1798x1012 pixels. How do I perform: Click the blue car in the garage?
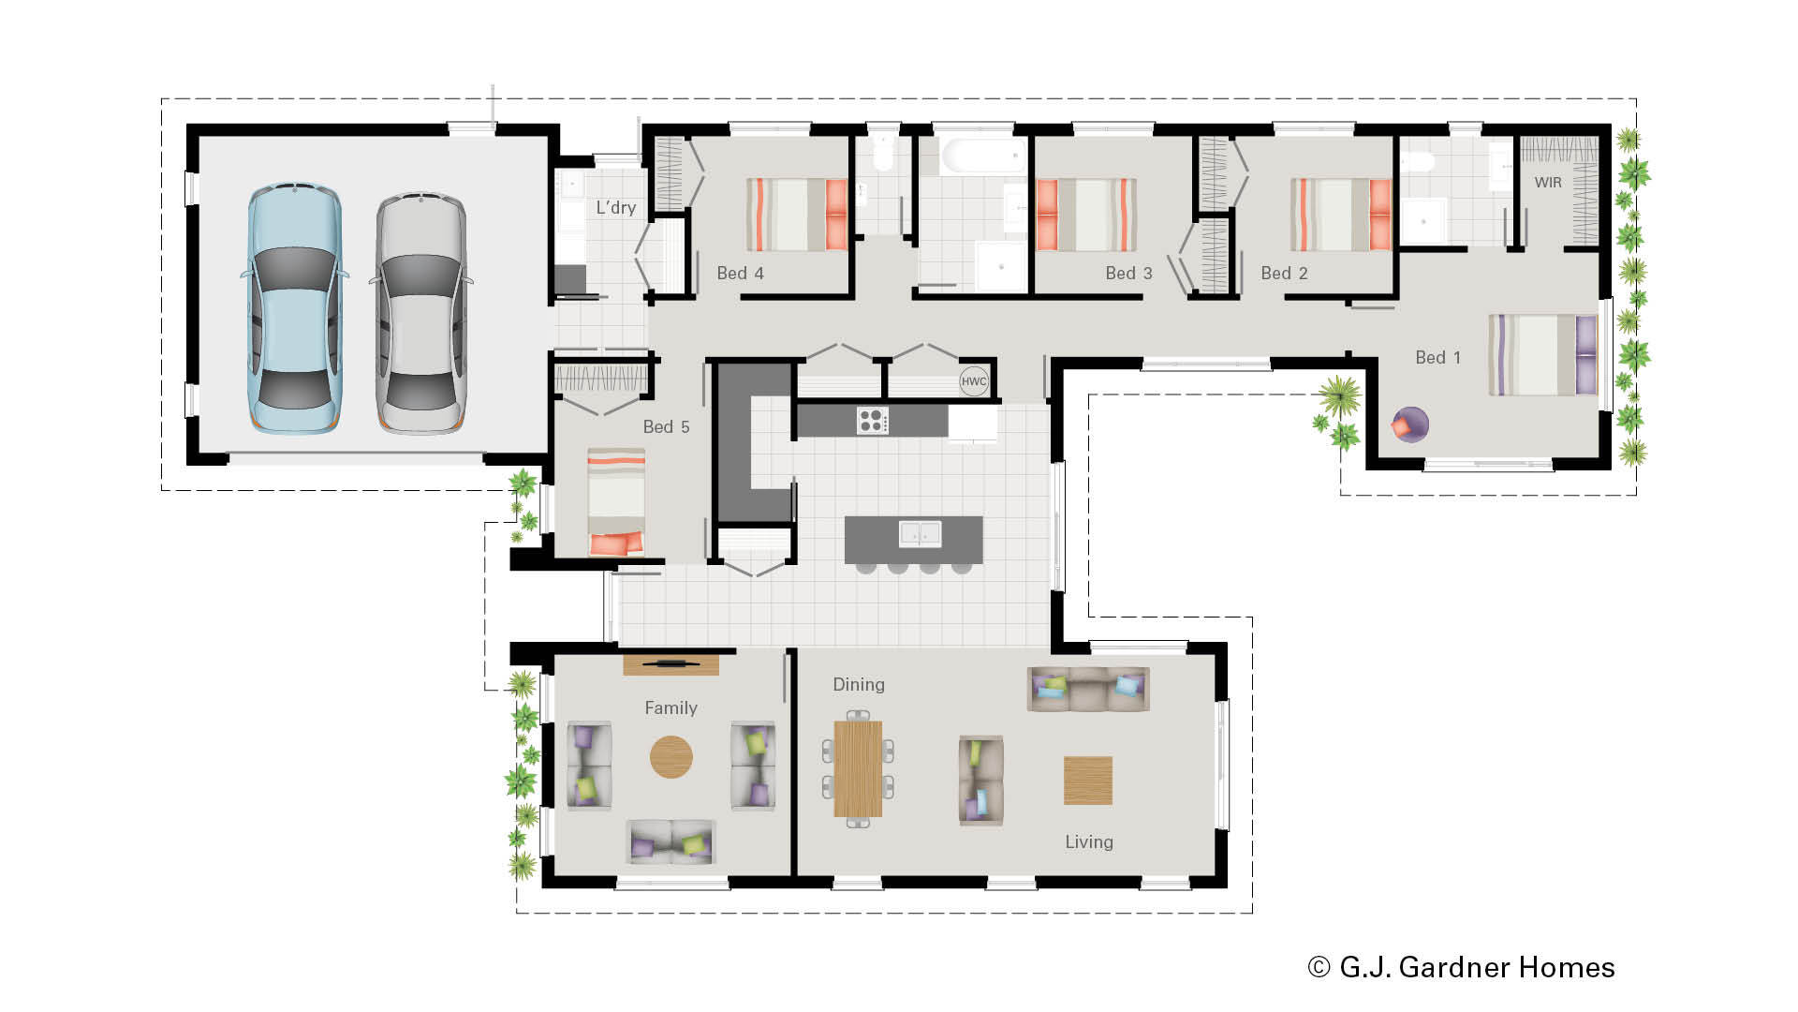point(294,309)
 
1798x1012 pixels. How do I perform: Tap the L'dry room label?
point(615,208)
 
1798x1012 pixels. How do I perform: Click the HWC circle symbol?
point(974,381)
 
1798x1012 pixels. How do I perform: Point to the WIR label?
point(1548,183)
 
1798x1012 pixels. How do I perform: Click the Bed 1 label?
point(1437,358)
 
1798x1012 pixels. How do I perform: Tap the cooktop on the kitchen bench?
point(872,421)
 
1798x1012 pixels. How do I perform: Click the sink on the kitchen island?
point(920,534)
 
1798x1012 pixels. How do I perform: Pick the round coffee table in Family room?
point(671,756)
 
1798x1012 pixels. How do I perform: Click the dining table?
point(858,768)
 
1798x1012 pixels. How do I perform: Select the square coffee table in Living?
point(1088,781)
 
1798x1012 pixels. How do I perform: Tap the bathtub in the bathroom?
point(983,156)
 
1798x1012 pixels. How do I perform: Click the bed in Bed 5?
point(615,501)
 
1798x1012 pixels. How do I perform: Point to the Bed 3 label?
point(1128,274)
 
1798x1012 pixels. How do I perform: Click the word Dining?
point(859,685)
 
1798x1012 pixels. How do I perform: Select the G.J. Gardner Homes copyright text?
point(1461,967)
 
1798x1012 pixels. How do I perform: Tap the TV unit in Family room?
point(671,665)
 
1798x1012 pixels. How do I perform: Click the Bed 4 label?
point(740,274)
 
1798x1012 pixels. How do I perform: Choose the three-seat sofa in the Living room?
point(1088,689)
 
